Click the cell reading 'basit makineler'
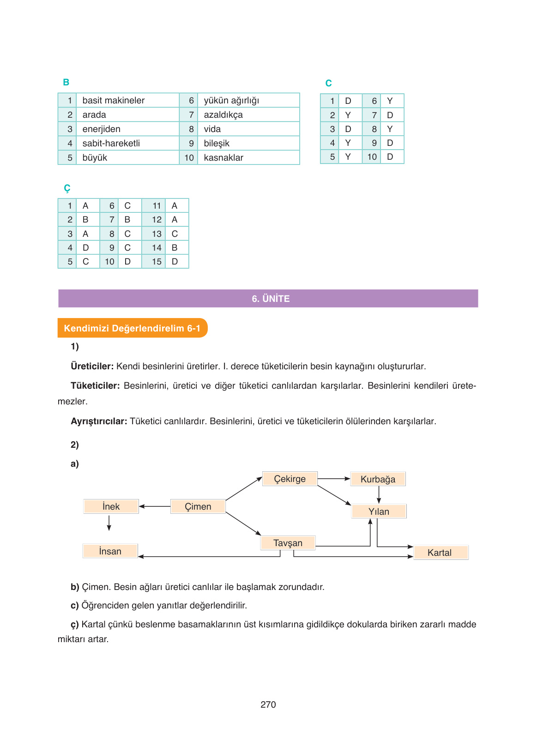coord(113,100)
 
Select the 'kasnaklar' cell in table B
coord(223,157)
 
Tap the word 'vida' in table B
coord(212,129)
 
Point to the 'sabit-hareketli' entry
coord(111,143)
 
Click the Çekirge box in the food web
coord(290,479)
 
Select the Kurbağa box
coord(378,479)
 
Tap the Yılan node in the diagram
coord(379,511)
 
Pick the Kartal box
coord(439,553)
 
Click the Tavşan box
coord(288,543)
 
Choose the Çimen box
coord(198,506)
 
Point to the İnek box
coord(111,506)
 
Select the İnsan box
coord(110,551)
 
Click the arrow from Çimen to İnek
coord(155,506)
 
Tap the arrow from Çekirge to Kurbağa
coord(334,479)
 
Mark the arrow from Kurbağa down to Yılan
coord(379,495)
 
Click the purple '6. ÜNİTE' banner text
coord(271,299)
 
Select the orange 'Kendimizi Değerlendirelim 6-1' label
coord(132,328)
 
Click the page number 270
coord(268,704)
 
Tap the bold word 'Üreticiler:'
coord(92,366)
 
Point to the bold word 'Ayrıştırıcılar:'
coord(99,421)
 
